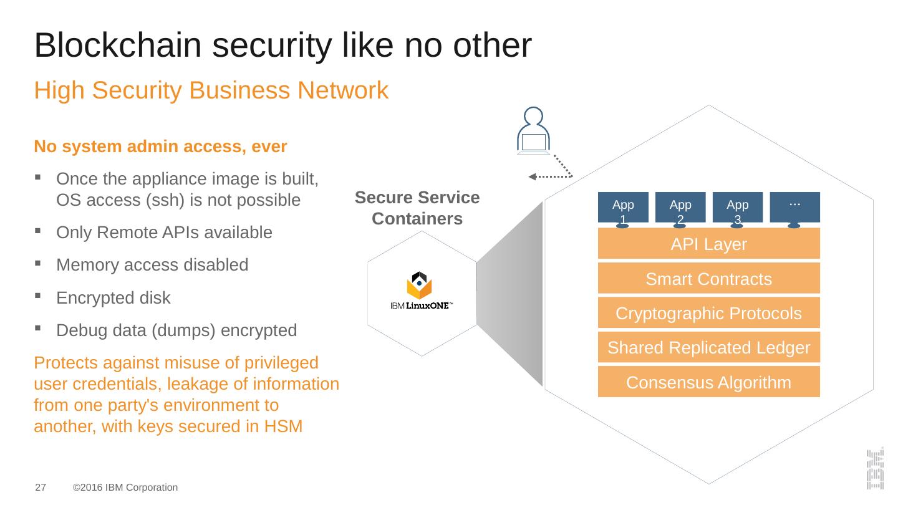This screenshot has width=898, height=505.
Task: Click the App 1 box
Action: point(623,207)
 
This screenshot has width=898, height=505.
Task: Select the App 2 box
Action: point(680,207)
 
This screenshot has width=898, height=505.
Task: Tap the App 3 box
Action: point(738,207)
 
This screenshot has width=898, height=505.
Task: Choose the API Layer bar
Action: point(708,244)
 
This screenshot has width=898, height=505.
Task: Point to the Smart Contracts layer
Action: point(708,279)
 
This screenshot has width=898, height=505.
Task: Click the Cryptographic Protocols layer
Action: point(708,313)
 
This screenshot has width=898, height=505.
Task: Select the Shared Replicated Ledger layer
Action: point(708,347)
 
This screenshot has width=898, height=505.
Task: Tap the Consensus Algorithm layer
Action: point(708,382)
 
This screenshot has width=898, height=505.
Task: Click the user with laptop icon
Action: point(533,132)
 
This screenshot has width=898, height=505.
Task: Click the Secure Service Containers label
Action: point(417,208)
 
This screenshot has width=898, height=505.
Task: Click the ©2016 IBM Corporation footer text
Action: point(125,487)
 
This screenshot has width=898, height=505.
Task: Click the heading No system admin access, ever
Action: point(160,147)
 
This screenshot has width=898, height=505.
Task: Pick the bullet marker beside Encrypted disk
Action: point(39,297)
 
